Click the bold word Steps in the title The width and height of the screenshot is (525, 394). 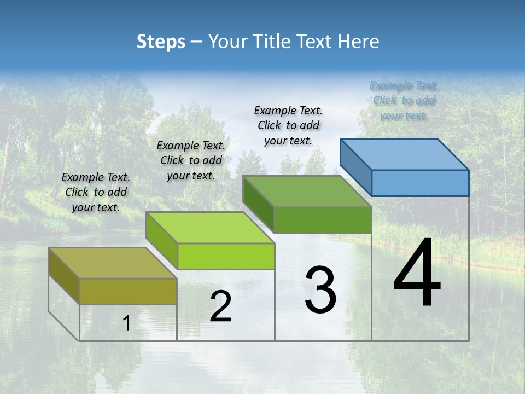point(161,42)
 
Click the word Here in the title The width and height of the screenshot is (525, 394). point(359,42)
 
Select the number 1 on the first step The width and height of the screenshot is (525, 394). point(127,323)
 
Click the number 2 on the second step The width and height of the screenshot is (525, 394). point(220,306)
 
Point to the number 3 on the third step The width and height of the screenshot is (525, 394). point(320,289)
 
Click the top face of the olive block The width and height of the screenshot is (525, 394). point(112,263)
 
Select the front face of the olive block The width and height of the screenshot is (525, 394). point(128,291)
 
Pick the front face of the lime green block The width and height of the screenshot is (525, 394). point(226,256)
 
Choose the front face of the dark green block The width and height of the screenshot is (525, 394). point(323,220)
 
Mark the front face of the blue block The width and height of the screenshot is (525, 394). point(420,183)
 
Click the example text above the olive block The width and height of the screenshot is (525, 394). point(96,193)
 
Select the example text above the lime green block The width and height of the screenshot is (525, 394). point(191,161)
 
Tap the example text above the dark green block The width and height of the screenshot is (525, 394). point(288,125)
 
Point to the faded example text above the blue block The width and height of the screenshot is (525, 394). point(404,101)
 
